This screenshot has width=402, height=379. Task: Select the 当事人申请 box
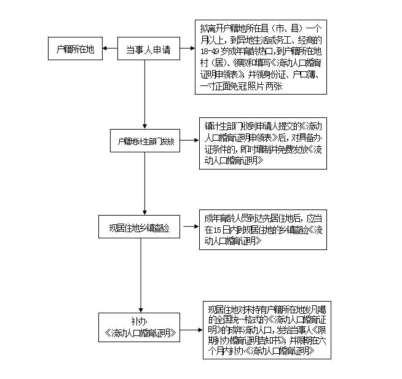[149, 50]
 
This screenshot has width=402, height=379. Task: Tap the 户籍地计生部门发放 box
[146, 143]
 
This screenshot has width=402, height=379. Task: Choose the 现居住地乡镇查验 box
[140, 226]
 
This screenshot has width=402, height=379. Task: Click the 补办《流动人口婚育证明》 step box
[141, 328]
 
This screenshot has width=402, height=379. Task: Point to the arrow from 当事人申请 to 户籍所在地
[110, 49]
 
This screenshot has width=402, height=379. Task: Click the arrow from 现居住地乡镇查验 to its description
[189, 226]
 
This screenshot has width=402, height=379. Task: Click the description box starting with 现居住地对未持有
[267, 330]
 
